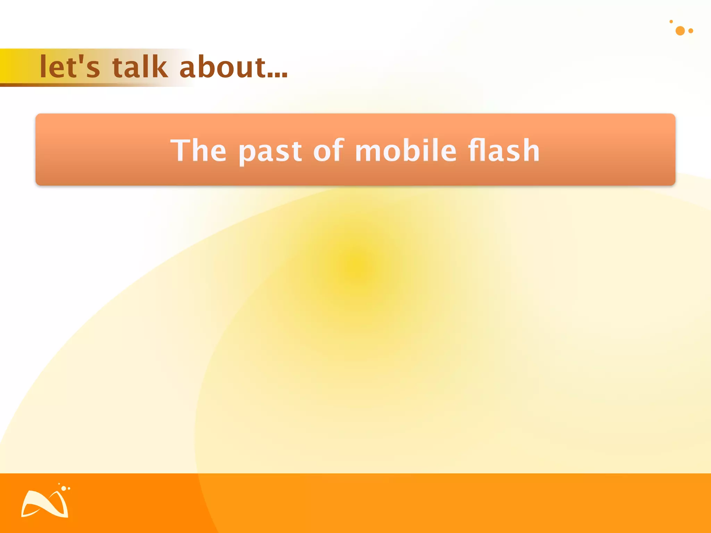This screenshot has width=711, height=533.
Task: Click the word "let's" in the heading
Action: click(x=70, y=67)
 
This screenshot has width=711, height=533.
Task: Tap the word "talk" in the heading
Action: click(x=140, y=67)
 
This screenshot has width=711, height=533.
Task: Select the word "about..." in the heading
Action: click(x=233, y=67)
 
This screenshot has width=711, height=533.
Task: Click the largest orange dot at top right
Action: click(x=680, y=31)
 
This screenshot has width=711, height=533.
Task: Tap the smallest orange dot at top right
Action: click(x=671, y=22)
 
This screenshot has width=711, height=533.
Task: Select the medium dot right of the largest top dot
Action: click(x=691, y=31)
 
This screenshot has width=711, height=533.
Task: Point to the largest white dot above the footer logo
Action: click(x=64, y=488)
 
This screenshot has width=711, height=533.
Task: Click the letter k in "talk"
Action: click(x=160, y=67)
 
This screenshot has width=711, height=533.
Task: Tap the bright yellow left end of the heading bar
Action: click(x=9, y=66)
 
